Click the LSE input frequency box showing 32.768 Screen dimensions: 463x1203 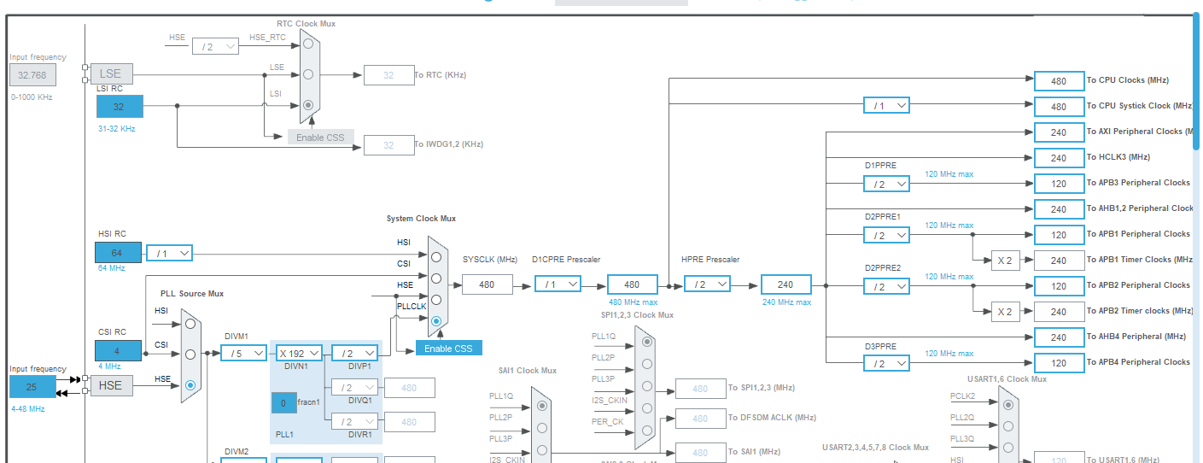(32, 75)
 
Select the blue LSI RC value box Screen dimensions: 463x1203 (120, 107)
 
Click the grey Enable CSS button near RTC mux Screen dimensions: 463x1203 (320, 137)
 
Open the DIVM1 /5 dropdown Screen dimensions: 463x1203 (243, 353)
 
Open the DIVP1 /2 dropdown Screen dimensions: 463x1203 (354, 353)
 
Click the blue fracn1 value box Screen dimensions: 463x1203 (284, 401)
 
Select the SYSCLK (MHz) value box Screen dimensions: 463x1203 (487, 284)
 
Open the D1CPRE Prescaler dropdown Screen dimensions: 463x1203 (558, 284)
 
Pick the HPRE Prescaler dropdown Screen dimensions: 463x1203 (707, 284)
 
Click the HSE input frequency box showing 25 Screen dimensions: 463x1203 (32, 386)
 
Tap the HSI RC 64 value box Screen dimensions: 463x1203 (118, 253)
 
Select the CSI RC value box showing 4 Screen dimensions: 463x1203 (118, 350)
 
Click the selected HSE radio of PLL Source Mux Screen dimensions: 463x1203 (190, 385)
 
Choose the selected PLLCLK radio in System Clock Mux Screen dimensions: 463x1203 (436, 321)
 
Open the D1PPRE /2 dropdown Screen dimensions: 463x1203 (886, 184)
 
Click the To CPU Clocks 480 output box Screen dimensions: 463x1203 (1059, 81)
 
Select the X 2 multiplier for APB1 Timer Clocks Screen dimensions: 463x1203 (1006, 261)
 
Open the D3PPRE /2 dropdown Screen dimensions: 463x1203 (886, 363)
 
